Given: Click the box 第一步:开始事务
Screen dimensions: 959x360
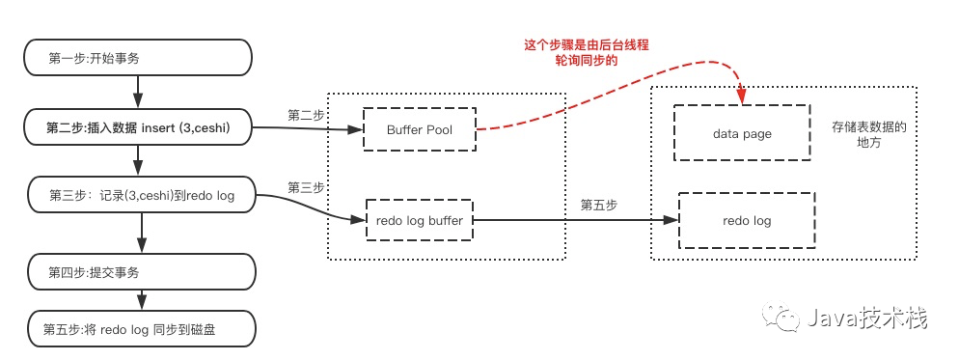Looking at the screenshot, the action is (138, 59).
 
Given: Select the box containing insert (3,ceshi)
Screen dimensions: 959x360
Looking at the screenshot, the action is (138, 128).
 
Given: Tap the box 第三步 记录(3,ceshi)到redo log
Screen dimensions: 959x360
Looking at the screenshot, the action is (141, 196).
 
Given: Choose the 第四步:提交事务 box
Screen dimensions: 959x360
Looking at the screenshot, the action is (141, 272).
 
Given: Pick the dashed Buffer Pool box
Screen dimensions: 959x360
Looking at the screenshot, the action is (420, 129).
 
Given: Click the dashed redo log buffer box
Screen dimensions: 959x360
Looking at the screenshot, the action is (419, 220).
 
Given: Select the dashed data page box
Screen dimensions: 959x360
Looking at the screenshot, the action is (742, 133).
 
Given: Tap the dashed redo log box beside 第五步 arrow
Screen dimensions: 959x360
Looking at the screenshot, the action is (747, 220).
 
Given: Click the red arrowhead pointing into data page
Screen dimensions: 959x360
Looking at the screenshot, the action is (742, 97).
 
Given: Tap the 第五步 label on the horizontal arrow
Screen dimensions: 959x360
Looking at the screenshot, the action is (598, 206).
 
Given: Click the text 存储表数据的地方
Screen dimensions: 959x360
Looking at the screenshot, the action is (867, 135).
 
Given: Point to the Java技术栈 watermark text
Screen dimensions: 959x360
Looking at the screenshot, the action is (867, 318).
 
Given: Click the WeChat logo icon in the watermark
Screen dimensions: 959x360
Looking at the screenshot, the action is (780, 318).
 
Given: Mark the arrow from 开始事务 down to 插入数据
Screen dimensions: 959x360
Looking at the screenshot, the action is (138, 94).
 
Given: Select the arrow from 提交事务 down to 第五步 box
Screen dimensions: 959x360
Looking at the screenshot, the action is (141, 300).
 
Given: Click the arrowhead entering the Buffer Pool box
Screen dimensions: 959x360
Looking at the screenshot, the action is (357, 129).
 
